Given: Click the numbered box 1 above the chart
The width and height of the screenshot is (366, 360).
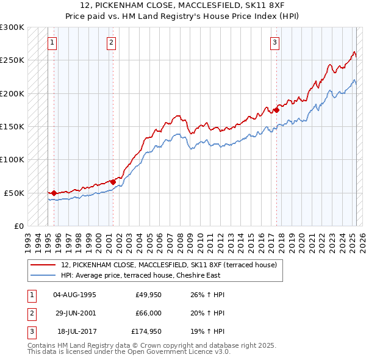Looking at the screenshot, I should (x=52, y=43).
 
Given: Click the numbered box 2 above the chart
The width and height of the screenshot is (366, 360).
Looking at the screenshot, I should (x=112, y=43).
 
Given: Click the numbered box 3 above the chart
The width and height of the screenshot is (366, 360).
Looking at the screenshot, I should (x=275, y=43).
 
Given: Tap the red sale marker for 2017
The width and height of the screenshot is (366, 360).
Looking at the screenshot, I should (x=276, y=110).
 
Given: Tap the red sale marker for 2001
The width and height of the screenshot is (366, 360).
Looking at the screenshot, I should (x=113, y=182).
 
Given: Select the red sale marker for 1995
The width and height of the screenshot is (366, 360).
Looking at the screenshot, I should (x=54, y=193).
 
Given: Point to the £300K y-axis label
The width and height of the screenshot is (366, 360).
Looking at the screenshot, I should (x=12, y=27).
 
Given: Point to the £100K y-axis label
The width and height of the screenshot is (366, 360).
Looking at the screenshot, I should (x=12, y=159).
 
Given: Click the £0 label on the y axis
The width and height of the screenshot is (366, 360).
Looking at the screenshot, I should (x=18, y=226).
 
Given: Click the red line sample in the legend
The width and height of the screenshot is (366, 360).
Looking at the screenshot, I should (x=43, y=265).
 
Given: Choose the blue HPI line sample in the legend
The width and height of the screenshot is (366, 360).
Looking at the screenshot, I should (x=43, y=275).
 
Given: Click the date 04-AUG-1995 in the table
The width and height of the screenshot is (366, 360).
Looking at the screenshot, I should (x=75, y=295).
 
